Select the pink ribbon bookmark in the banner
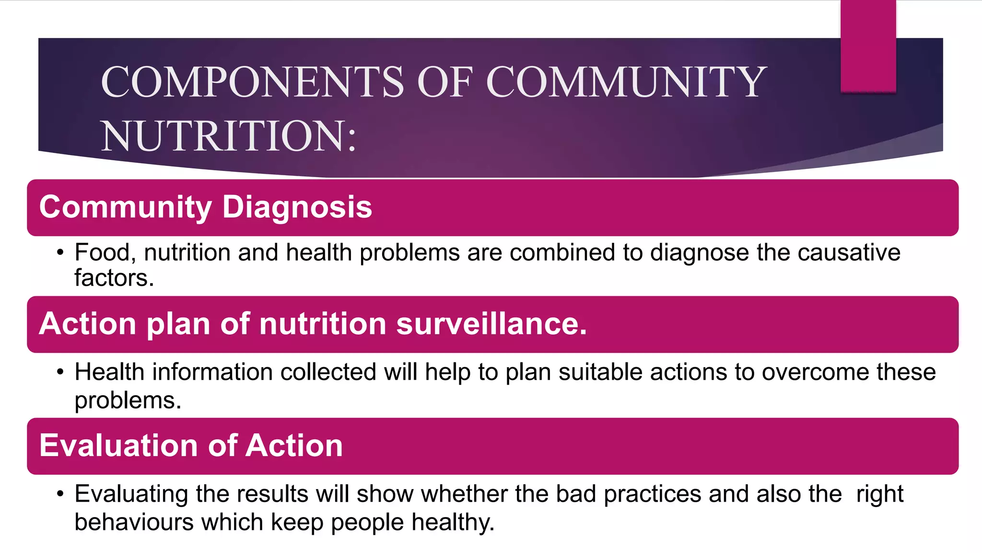click(x=868, y=46)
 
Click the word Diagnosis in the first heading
click(x=297, y=207)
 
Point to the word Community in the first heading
click(x=125, y=207)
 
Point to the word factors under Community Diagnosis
click(x=114, y=278)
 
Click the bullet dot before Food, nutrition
click(x=60, y=253)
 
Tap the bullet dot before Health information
click(x=60, y=373)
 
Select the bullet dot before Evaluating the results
click(x=60, y=494)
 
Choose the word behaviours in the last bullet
click(x=134, y=522)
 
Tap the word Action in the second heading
click(x=88, y=324)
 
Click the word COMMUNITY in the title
click(x=626, y=82)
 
